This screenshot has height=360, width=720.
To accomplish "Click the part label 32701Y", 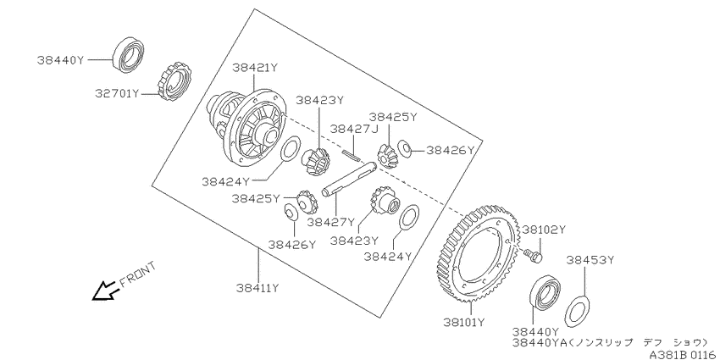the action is tap(117, 94).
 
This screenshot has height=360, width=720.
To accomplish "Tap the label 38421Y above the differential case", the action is tap(255, 68).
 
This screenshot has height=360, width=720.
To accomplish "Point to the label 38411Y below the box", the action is tap(258, 288).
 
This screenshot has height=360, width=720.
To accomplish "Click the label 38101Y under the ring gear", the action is tap(464, 323).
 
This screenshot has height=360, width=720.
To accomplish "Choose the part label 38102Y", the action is tap(545, 230).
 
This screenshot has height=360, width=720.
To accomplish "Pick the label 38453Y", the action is tap(590, 260).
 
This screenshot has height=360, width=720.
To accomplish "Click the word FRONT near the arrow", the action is tap(138, 274).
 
